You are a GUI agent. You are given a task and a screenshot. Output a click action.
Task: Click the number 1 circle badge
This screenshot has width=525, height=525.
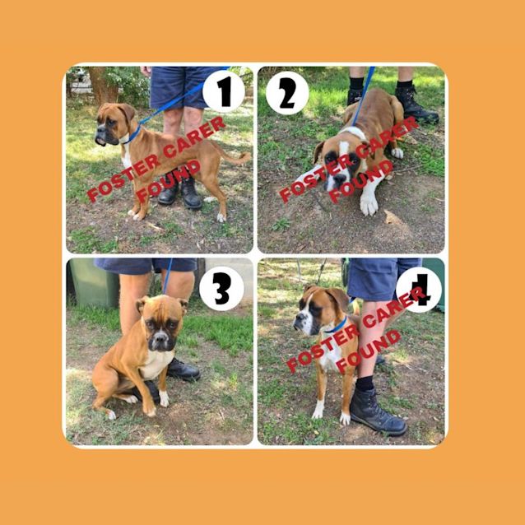point(223,91)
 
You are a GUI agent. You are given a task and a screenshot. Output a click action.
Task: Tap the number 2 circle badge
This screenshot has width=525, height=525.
point(287,93)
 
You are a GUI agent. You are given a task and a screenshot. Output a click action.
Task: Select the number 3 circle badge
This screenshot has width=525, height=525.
point(221,289)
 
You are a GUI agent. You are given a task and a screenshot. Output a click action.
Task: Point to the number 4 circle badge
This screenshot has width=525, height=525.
point(419,290)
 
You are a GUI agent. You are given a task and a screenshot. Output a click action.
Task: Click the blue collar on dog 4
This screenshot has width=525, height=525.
point(336,326)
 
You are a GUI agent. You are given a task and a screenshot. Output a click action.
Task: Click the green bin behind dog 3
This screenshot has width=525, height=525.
point(92,282)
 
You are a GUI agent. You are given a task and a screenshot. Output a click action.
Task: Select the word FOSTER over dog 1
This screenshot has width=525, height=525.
point(125,178)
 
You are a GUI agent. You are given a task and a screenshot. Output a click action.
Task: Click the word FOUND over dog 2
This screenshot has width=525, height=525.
point(360,181)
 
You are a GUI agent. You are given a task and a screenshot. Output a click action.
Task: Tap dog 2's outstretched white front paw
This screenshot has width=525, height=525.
point(369,203)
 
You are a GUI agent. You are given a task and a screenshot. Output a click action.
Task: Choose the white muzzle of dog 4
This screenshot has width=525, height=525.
point(304,323)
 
